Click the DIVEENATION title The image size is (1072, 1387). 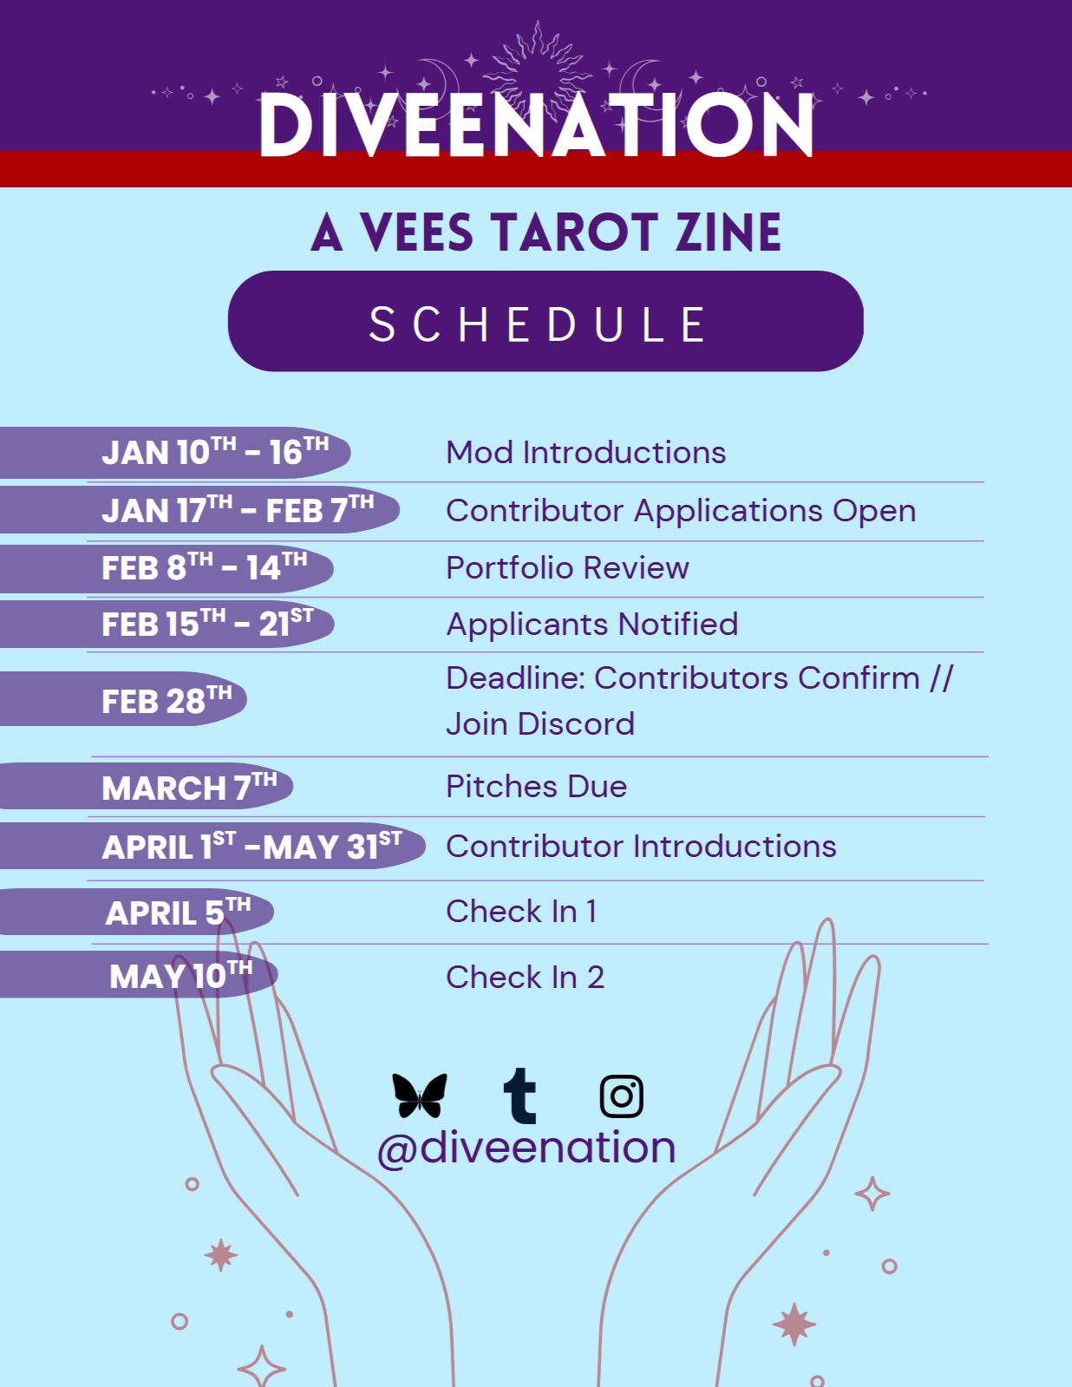click(536, 126)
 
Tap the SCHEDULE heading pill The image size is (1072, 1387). click(545, 322)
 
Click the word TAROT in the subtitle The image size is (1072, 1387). click(573, 232)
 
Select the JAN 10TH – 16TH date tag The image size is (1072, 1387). click(215, 452)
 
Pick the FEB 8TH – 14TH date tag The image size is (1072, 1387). click(205, 568)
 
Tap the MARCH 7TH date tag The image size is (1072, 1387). click(189, 787)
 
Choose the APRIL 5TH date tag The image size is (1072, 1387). click(178, 912)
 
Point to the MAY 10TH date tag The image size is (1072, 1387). click(180, 975)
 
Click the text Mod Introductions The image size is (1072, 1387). click(585, 453)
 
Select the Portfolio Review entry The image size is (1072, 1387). click(567, 568)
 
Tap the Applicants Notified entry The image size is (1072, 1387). click(592, 625)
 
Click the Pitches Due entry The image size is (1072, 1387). click(536, 787)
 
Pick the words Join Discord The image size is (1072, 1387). click(539, 724)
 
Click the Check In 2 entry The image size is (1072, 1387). click(525, 978)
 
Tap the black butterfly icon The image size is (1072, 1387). click(420, 1095)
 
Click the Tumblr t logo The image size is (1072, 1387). click(520, 1096)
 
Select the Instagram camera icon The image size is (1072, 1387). click(621, 1096)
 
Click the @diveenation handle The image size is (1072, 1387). click(526, 1148)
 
